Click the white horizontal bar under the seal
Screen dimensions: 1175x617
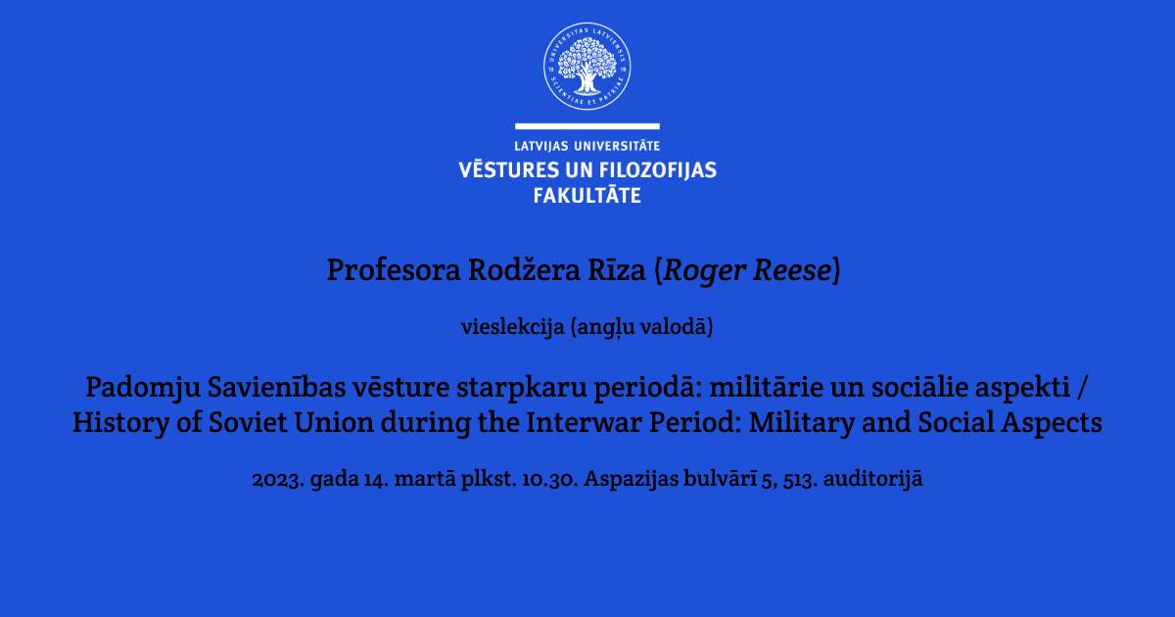click(x=587, y=126)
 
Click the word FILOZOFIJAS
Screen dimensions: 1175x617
click(x=657, y=170)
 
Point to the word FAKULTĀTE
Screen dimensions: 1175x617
click(x=587, y=195)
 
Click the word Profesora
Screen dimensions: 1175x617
click(x=394, y=269)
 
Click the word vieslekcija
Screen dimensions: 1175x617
click(x=512, y=327)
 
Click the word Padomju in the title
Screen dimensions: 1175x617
click(x=143, y=388)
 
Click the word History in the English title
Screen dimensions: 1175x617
click(x=120, y=423)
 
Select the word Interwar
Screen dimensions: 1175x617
click(x=584, y=422)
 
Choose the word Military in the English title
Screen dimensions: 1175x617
click(x=802, y=423)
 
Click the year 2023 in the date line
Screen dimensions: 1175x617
click(x=278, y=479)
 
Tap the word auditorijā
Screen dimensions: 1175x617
click(x=872, y=479)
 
